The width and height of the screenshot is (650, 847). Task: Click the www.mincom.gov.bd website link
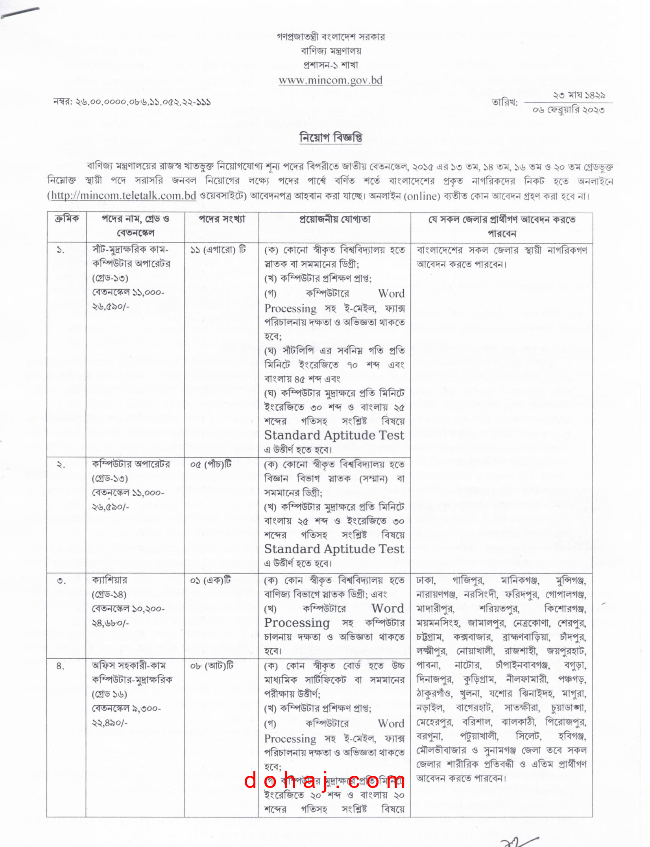coord(331,80)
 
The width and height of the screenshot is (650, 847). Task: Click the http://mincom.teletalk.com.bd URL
coord(124,196)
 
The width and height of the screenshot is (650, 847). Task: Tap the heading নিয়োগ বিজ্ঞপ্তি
coord(331,138)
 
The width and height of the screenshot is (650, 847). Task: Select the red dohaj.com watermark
coord(324,780)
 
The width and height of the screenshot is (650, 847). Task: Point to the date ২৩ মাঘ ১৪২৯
coord(579,95)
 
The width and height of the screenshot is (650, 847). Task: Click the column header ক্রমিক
coord(66,219)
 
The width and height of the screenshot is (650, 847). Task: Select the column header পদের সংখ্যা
coord(222,219)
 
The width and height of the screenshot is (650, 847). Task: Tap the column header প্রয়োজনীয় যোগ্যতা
coord(334,219)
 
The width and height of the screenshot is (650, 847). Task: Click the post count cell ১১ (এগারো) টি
coord(218,250)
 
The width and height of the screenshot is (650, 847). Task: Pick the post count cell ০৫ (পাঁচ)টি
coord(211,464)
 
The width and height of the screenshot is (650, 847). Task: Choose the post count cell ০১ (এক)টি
coord(211,581)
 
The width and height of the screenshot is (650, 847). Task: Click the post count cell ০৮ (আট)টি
coord(212,666)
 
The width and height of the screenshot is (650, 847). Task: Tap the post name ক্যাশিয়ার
coord(109,580)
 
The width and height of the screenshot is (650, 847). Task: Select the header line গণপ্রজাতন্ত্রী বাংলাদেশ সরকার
coord(331,37)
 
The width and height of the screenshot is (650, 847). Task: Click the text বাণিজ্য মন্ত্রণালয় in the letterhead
coord(331,51)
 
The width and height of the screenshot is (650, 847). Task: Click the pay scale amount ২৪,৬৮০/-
coord(111,623)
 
